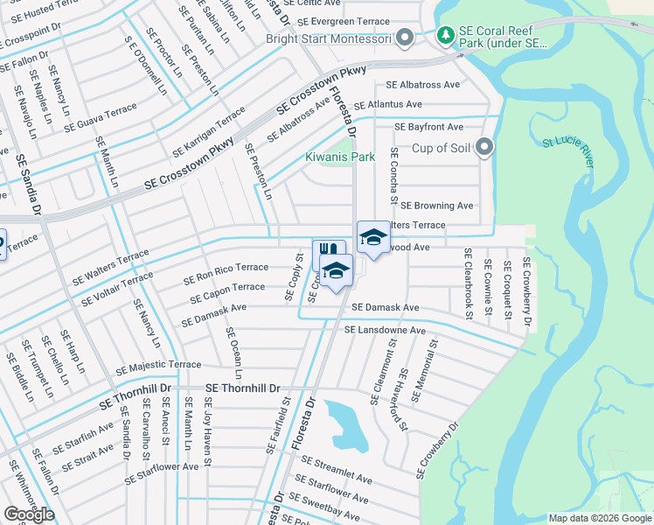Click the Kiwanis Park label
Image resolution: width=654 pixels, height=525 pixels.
tap(339, 157)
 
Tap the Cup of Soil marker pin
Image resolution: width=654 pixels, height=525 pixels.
tap(485, 147)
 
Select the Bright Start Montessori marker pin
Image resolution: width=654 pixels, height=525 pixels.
tap(404, 38)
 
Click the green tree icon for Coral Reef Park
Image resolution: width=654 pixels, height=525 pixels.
tap(447, 36)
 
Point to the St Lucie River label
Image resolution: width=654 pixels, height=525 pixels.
tap(568, 143)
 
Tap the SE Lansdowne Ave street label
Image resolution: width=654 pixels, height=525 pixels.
tap(385, 331)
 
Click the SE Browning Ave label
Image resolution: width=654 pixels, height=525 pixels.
tap(436, 206)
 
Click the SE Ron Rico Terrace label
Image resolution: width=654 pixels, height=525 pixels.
tap(226, 273)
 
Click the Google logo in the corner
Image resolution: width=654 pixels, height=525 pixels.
tap(29, 514)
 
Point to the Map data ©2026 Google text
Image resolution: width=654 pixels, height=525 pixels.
tap(599, 518)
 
